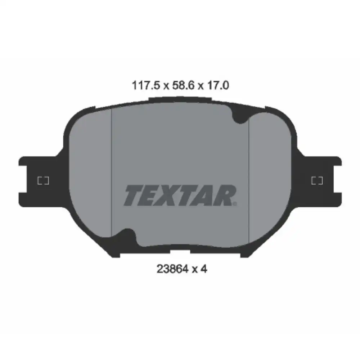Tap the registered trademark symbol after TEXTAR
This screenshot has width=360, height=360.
(x=235, y=203)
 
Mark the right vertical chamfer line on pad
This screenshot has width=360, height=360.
(x=249, y=173)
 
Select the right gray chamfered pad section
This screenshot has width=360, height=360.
(x=270, y=173)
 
